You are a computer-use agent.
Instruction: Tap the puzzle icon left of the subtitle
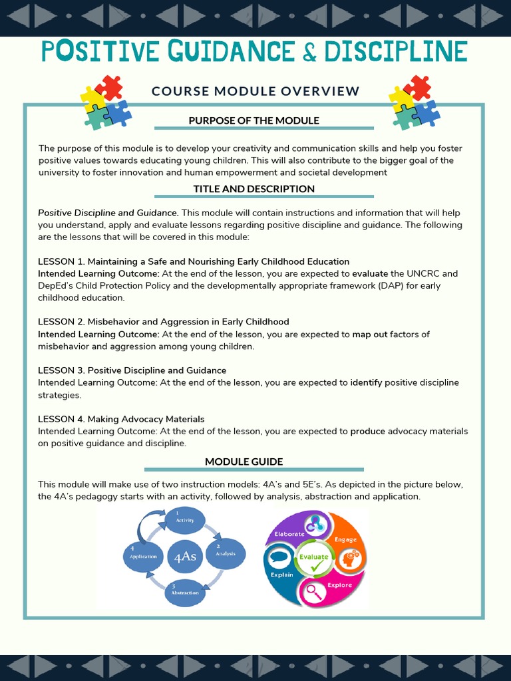coord(105,102)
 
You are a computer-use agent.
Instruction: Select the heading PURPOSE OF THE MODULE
coord(254,120)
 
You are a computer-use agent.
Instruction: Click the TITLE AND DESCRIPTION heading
coord(254,189)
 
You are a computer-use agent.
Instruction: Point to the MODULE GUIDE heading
coord(244,462)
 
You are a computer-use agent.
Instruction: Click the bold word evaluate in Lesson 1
coord(370,273)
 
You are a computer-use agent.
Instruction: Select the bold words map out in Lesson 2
coord(370,335)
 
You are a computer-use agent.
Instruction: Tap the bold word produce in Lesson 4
coord(368,431)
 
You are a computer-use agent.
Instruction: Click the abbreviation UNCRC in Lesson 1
coord(424,273)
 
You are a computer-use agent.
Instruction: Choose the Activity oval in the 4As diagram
coord(184,518)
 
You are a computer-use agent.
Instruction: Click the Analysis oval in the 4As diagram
coord(226,553)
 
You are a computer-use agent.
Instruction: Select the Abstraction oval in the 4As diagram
coord(184,591)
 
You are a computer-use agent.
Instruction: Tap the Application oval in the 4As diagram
coord(143,556)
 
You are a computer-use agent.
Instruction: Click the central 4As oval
coord(184,557)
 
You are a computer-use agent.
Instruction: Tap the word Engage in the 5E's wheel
coord(345,539)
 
